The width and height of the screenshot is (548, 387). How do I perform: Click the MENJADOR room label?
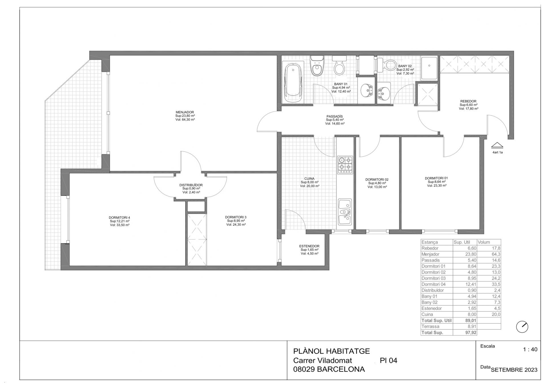185,112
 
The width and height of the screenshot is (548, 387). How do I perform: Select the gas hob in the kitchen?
345,165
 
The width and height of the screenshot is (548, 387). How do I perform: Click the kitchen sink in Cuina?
345,212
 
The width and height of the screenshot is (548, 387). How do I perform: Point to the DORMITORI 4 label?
119,218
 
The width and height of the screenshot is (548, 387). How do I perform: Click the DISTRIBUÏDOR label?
191,185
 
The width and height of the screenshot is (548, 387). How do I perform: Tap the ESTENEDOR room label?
309,246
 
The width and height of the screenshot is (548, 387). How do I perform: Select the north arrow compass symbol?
522,327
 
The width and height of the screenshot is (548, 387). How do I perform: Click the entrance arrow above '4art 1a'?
497,145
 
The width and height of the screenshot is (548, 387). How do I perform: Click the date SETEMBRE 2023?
514,370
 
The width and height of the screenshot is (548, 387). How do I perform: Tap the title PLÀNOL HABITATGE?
331,351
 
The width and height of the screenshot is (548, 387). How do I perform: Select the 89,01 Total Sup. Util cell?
471,321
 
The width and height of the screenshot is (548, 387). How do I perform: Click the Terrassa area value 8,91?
472,327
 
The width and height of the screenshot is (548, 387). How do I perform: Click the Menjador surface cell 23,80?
471,254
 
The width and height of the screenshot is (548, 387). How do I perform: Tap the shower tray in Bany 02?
429,68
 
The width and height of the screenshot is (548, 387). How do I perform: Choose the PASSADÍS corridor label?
335,116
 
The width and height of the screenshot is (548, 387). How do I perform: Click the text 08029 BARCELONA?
329,369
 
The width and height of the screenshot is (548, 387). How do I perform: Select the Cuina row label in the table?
427,314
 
